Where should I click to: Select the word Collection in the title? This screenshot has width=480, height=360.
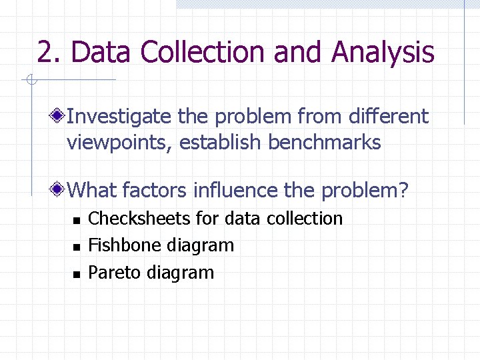[x=203, y=51]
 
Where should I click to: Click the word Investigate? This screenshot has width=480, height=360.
[x=119, y=117]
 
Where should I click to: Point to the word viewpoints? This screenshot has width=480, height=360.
[x=119, y=143]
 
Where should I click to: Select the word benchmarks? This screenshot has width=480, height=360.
[x=325, y=142]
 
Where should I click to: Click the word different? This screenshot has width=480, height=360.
[x=389, y=115]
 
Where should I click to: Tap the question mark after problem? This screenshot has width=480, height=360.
[x=403, y=190]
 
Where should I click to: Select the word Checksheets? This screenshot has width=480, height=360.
[x=139, y=218]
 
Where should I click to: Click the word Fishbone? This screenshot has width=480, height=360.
[x=123, y=245]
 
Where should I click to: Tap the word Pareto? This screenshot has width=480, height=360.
[x=115, y=272]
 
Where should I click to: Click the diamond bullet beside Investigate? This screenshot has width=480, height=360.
[x=57, y=116]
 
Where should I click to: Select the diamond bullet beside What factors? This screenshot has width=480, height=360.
[x=57, y=189]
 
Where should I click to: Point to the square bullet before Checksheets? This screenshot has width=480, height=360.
[x=77, y=221]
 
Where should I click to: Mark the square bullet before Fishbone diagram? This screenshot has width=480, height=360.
[x=77, y=247]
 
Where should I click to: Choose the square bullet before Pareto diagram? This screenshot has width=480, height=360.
[x=77, y=274]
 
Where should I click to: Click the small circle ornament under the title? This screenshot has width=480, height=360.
[x=31, y=79]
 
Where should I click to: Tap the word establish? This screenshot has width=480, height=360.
[x=219, y=142]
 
